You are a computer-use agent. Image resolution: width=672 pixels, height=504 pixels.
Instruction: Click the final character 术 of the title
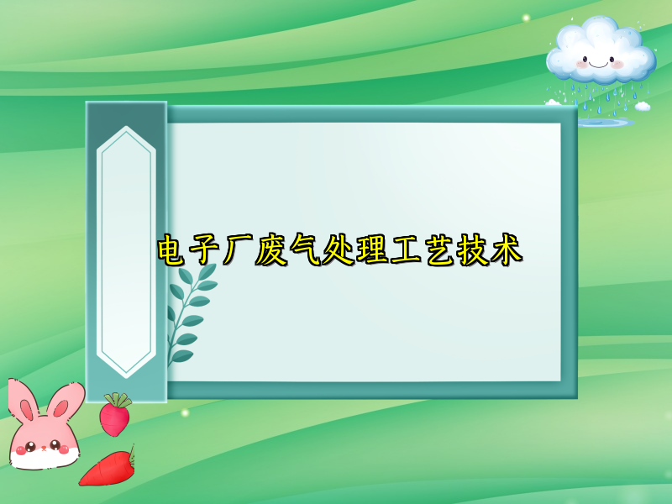click(506, 249)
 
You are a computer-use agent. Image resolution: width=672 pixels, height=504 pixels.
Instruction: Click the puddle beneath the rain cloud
click(602, 123)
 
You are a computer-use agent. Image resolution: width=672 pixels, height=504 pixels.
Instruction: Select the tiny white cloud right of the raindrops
click(643, 106)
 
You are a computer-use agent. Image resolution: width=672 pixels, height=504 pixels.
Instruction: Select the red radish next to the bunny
click(114, 417)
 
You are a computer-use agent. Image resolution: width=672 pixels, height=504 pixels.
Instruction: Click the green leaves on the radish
click(118, 399)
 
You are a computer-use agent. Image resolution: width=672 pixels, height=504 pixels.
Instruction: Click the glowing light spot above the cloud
click(527, 18)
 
